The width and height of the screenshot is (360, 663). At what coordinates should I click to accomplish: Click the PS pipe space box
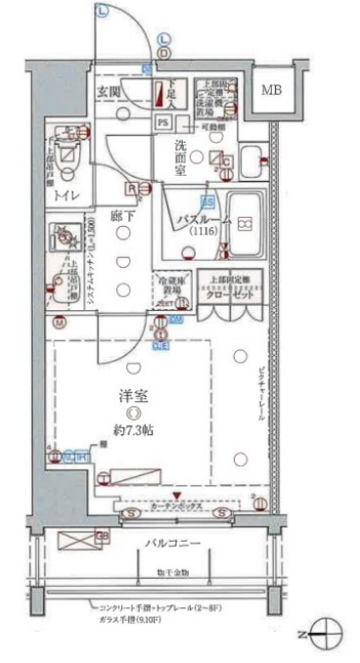163,122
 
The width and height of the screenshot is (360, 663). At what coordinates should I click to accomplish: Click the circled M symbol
60,322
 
